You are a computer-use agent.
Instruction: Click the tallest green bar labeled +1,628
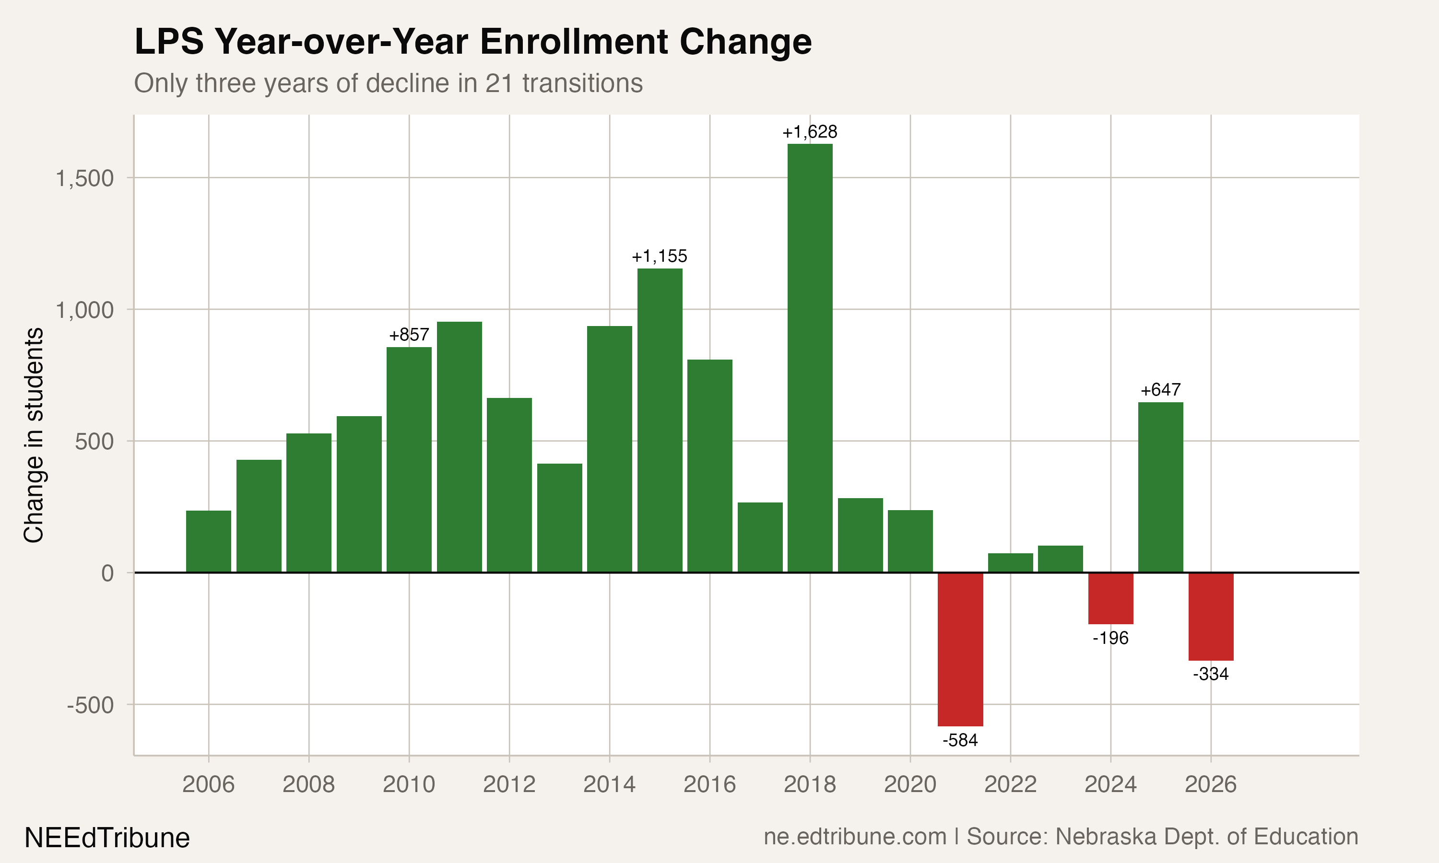(x=810, y=358)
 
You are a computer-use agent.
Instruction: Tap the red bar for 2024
(x=1110, y=598)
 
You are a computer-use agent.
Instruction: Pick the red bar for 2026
(x=1211, y=617)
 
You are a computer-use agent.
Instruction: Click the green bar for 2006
(x=208, y=541)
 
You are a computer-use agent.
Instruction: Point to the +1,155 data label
(x=659, y=256)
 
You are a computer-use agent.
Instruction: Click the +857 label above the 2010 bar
(x=409, y=335)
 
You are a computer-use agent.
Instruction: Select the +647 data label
(x=1160, y=390)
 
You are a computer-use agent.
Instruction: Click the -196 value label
(x=1110, y=638)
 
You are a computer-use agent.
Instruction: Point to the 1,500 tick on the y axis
(x=84, y=178)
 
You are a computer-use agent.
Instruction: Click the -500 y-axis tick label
(x=90, y=705)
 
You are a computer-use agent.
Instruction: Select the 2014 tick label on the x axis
(x=609, y=784)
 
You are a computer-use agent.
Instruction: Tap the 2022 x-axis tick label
(x=1010, y=784)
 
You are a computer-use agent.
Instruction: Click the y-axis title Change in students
(x=34, y=435)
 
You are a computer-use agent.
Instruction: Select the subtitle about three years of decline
(x=388, y=83)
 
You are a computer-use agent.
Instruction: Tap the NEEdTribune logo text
(x=107, y=838)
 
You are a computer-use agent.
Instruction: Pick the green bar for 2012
(x=509, y=485)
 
